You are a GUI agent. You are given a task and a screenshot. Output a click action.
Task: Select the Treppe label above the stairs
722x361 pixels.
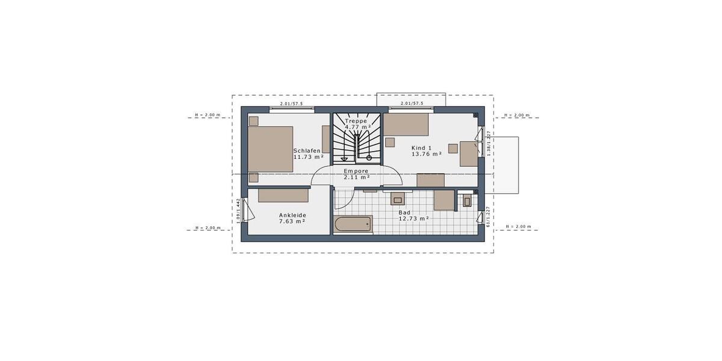(x=356, y=121)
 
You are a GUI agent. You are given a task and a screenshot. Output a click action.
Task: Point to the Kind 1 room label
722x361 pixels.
(x=422, y=147)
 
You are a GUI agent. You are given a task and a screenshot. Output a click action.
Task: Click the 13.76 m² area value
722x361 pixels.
(x=427, y=154)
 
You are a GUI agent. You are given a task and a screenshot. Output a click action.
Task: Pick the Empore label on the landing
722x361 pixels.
(x=356, y=171)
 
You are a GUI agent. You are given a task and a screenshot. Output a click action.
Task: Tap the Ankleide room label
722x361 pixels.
(x=292, y=215)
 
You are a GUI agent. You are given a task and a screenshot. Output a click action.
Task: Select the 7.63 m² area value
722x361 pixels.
(x=292, y=221)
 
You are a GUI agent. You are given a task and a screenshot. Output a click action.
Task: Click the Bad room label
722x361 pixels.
(x=404, y=212)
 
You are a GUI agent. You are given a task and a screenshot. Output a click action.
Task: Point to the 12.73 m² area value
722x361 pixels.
(x=414, y=219)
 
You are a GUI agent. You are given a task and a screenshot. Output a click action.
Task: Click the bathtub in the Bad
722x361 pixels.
(x=353, y=224)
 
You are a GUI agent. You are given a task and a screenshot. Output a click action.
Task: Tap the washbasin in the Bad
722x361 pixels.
(x=398, y=199)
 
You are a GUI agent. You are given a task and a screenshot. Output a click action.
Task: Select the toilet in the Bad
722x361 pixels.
(x=467, y=200)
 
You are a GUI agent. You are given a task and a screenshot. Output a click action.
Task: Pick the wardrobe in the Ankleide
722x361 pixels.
(x=283, y=195)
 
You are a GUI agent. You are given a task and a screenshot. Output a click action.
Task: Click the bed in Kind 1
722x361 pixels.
(x=406, y=124)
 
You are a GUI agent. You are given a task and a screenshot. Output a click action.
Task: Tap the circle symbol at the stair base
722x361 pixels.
(x=369, y=158)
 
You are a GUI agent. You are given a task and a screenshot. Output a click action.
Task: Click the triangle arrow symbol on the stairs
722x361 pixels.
(x=344, y=159)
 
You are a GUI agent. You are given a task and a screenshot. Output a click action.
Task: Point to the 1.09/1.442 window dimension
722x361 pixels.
(x=239, y=211)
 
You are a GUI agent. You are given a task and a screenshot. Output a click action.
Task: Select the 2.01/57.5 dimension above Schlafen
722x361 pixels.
(x=292, y=104)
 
